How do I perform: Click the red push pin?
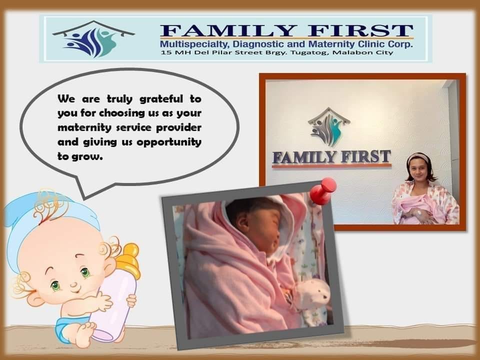coord(323,190)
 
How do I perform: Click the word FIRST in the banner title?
coord(360,30)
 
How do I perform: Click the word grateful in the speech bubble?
coord(161,99)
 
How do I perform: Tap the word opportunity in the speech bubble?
coord(169,142)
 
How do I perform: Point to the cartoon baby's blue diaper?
coord(66,328)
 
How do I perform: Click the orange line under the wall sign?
coord(331,165)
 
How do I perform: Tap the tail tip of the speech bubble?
coord(84,199)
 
